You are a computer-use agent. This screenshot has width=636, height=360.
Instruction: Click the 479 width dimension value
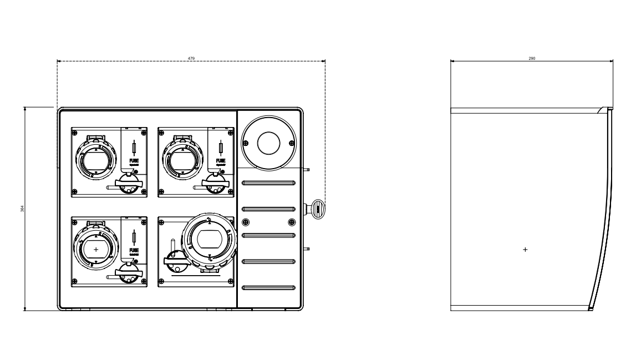191,58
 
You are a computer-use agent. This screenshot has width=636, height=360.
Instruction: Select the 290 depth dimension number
532,58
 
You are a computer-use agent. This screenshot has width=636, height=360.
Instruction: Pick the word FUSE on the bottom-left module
135,251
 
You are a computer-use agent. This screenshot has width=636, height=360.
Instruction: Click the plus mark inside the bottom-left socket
96,250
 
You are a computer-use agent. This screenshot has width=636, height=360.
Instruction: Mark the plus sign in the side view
526,250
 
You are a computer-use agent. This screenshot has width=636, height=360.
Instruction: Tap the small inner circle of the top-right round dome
269,143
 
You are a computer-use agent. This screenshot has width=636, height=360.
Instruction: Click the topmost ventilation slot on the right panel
269,183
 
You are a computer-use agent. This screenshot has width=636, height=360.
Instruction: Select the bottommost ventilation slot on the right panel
269,287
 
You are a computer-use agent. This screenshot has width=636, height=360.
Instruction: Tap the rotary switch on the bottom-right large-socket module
175,258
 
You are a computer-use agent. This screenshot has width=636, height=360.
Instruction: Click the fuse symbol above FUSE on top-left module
135,148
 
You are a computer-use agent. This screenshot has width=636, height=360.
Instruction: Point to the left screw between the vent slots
246,222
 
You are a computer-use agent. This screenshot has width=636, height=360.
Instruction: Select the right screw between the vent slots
292,222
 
